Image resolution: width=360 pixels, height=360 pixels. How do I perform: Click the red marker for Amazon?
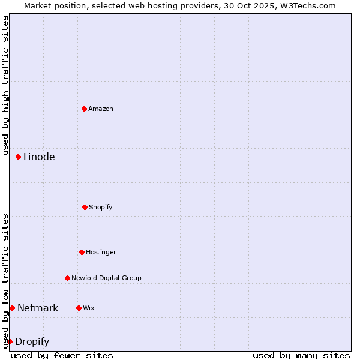click(x=84, y=109)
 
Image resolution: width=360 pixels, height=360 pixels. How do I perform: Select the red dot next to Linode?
click(x=18, y=157)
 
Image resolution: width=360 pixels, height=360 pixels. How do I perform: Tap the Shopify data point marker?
click(x=85, y=207)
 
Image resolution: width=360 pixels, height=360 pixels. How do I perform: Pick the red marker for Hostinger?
click(x=82, y=252)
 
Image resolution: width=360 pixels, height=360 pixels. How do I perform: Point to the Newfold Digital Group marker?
click(x=67, y=278)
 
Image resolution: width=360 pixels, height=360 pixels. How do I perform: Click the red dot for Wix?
click(x=79, y=308)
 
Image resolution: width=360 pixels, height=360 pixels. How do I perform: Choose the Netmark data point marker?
click(x=12, y=308)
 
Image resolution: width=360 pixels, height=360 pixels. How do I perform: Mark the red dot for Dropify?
click(x=10, y=341)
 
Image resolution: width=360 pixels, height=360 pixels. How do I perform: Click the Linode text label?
click(x=39, y=157)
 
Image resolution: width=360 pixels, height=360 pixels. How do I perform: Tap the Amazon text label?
click(x=101, y=109)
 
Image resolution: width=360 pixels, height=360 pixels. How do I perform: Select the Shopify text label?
click(x=101, y=207)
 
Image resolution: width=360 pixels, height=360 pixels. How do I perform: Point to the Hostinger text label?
click(x=101, y=252)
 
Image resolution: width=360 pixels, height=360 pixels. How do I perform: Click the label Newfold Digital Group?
click(x=106, y=278)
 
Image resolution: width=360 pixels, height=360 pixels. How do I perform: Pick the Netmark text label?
click(x=38, y=308)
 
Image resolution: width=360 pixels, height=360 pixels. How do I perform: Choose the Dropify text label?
click(x=32, y=342)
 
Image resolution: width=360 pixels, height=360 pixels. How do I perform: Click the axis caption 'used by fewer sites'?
click(x=62, y=355)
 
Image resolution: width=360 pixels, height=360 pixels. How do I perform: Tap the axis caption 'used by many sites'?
click(x=301, y=355)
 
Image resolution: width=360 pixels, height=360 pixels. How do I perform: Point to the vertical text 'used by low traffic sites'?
click(x=5, y=281)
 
